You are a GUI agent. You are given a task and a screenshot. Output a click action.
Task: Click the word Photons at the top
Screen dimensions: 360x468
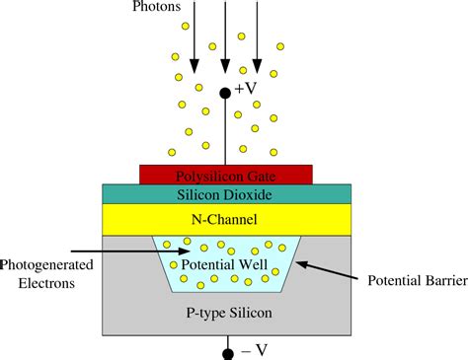157,8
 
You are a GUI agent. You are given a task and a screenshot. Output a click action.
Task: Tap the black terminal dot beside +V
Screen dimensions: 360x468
226,93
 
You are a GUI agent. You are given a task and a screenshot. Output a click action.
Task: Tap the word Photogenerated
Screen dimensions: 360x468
47,264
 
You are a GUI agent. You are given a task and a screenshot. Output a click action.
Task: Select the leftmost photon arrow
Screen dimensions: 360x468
195,39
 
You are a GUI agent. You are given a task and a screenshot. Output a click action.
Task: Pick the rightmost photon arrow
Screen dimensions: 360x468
259,39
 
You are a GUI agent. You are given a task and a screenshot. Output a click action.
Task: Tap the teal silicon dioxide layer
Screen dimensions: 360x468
128,194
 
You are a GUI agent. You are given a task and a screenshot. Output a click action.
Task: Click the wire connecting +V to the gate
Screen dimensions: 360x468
226,133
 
